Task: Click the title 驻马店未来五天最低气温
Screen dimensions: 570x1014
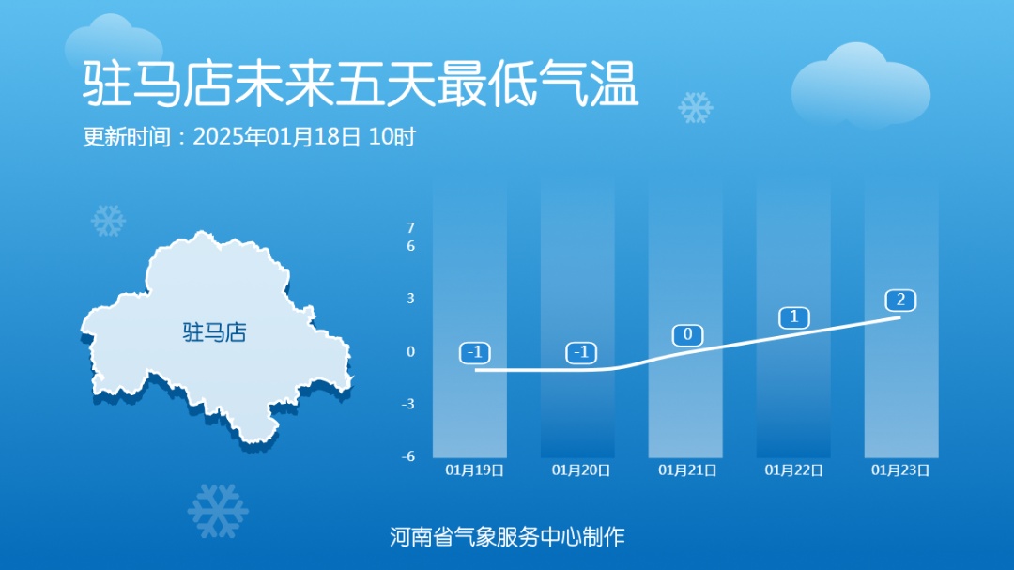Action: click(x=361, y=84)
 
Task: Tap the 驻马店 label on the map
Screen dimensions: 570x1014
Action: click(x=214, y=331)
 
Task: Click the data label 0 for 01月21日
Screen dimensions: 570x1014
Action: click(x=688, y=335)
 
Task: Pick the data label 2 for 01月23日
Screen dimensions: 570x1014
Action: click(x=900, y=300)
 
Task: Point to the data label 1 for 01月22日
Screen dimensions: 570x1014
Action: click(x=794, y=317)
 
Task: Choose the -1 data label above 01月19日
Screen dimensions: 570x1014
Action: click(x=476, y=353)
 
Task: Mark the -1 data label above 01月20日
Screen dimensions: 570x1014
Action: click(x=582, y=353)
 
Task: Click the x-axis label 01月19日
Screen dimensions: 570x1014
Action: click(x=474, y=470)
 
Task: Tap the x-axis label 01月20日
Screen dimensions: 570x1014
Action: click(x=581, y=470)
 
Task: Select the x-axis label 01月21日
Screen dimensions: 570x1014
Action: click(x=688, y=470)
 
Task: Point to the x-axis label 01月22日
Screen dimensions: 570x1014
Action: click(x=794, y=470)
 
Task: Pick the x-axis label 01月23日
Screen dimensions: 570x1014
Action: click(x=901, y=470)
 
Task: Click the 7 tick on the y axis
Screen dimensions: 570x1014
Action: click(x=410, y=228)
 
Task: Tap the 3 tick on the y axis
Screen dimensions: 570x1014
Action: click(x=410, y=299)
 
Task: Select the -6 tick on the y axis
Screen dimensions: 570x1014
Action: click(x=408, y=457)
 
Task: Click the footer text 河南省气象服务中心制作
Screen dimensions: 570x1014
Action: click(x=507, y=537)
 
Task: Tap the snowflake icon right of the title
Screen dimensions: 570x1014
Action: click(x=696, y=108)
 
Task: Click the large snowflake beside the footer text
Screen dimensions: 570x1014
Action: click(x=218, y=512)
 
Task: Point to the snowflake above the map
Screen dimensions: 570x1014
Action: click(x=108, y=221)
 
